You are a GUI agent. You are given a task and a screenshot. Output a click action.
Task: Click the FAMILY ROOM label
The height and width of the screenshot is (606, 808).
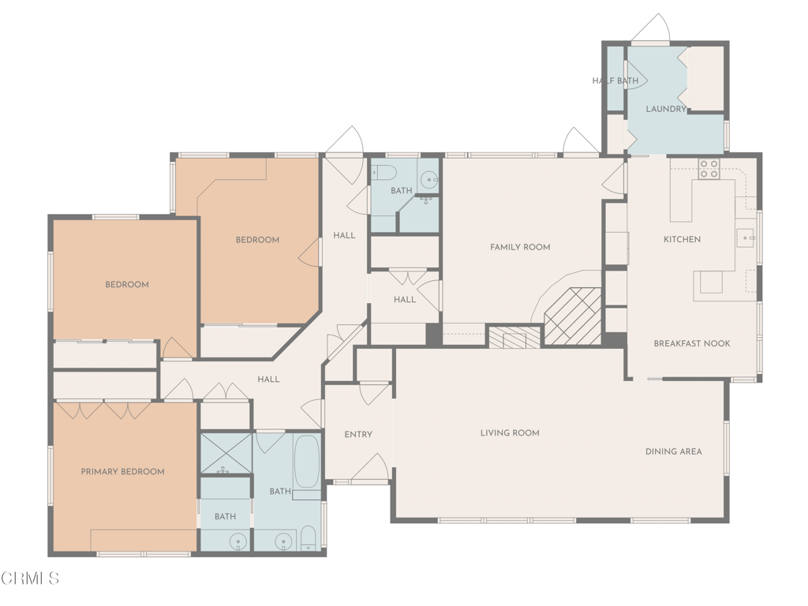click(x=520, y=247)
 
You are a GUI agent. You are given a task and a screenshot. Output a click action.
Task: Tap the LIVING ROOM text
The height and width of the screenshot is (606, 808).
click(x=510, y=433)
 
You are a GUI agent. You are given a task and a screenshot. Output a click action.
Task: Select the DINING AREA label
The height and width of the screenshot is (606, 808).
click(x=674, y=452)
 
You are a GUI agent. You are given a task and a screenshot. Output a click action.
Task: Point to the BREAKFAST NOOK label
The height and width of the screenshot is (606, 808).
click(x=691, y=344)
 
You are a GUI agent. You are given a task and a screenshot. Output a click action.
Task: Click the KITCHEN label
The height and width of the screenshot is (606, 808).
click(x=682, y=240)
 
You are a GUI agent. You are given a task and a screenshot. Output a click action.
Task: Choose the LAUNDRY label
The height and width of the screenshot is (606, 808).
click(x=666, y=109)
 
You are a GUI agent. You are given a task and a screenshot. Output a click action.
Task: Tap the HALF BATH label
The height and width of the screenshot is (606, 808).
click(x=615, y=81)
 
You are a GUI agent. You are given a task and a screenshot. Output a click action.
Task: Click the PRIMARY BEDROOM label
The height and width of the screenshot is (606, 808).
click(x=122, y=472)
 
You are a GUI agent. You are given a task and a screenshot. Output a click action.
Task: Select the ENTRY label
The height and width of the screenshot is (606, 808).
click(x=358, y=435)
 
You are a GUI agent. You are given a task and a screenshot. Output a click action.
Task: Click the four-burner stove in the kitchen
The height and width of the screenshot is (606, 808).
click(x=709, y=169)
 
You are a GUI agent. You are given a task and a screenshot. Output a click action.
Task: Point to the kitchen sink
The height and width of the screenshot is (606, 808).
click(x=745, y=238)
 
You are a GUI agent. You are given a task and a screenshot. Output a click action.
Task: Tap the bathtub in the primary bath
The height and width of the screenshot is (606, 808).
click(x=307, y=462)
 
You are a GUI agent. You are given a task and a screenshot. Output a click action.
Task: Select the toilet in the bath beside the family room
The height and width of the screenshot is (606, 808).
click(x=383, y=171)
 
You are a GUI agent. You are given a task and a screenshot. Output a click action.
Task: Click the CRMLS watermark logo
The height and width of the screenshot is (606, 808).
click(x=30, y=578)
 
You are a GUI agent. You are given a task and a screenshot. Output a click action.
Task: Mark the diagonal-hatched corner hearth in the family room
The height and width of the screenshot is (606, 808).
click(x=573, y=316)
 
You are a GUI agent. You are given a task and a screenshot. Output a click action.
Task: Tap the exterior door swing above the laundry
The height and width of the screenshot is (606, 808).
click(x=651, y=28)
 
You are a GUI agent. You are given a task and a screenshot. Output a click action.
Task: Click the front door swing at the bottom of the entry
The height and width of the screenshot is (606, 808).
click(x=370, y=467)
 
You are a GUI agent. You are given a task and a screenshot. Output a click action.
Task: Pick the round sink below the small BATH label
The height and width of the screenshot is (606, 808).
click(x=238, y=541)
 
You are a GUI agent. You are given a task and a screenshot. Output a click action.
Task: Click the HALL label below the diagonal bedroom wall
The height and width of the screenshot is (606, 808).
click(x=268, y=380)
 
